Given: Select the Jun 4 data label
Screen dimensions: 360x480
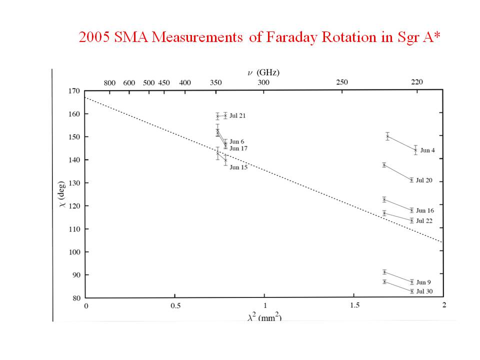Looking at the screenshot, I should (x=428, y=150).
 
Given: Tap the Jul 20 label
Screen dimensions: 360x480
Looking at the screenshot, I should (x=424, y=180).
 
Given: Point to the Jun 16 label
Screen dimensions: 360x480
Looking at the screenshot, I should (x=424, y=210).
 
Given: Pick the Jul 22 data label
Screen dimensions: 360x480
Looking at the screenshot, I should (x=424, y=220).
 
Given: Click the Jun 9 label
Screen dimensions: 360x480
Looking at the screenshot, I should (x=423, y=282).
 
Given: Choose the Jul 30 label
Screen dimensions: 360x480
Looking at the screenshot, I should (x=424, y=291).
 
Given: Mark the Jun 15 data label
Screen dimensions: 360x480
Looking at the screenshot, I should (x=238, y=167).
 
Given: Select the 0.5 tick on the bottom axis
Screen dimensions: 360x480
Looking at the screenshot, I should (x=175, y=305).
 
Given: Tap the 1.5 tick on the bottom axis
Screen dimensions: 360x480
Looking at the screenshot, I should (x=354, y=305).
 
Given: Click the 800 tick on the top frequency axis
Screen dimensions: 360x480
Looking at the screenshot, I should (x=109, y=82).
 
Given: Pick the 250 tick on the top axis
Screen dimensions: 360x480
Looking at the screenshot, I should (x=341, y=82).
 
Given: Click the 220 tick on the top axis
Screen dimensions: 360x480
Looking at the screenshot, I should (x=416, y=82).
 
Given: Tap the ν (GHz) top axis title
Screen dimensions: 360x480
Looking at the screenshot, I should (x=263, y=72).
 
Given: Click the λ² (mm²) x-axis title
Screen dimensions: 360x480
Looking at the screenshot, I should (x=264, y=317).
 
